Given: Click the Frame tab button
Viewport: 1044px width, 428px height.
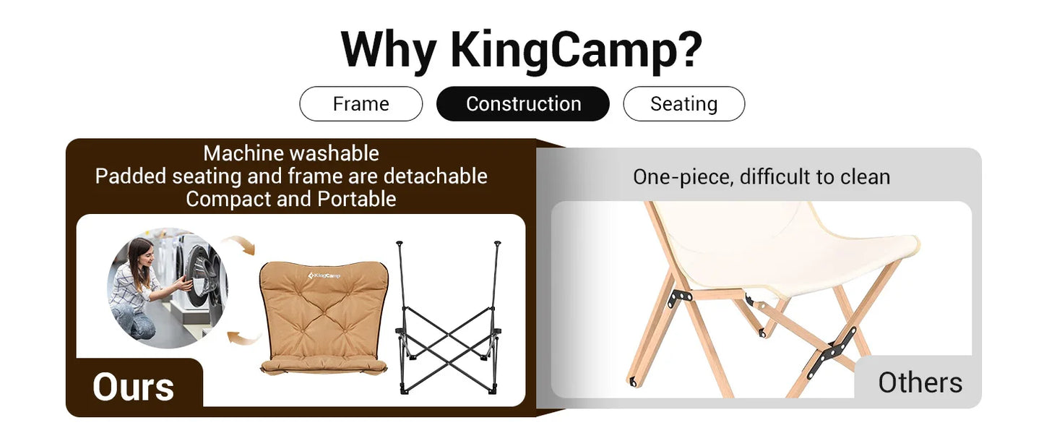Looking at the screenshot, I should tap(361, 104).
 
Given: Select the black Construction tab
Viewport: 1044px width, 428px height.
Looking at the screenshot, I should tap(523, 104).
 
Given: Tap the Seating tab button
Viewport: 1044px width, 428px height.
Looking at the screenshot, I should tap(683, 104).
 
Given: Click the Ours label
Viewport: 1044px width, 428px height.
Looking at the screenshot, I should tap(134, 388).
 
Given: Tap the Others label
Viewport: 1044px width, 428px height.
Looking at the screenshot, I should tap(920, 382).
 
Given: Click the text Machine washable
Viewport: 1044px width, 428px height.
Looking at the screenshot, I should tap(291, 153).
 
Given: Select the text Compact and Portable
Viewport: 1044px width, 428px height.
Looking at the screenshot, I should tap(291, 199).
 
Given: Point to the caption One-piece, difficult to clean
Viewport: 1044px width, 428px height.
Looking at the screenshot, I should tap(762, 177).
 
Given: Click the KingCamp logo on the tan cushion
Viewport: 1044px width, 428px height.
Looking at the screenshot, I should tap(324, 275).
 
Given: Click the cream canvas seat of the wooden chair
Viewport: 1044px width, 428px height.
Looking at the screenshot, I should tap(780, 246).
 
